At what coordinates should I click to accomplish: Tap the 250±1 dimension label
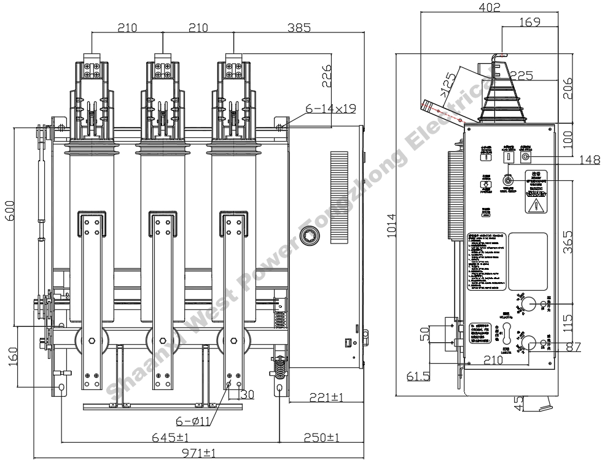pyautogui.click(x=322, y=437)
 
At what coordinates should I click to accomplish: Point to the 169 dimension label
pyautogui.click(x=529, y=23)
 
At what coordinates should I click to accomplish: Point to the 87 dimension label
pyautogui.click(x=573, y=347)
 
